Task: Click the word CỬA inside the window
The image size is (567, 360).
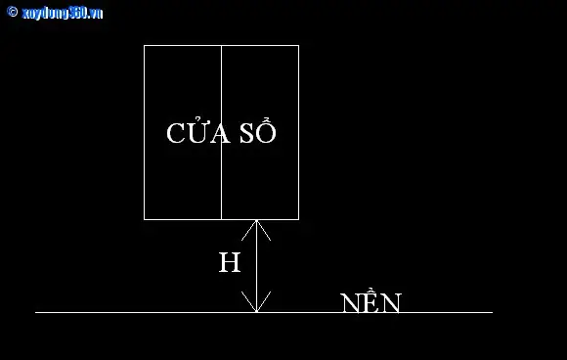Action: (198, 130)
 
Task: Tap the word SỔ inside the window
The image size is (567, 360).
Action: (258, 130)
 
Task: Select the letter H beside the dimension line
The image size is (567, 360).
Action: (230, 262)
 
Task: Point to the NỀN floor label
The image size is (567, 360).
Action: (371, 300)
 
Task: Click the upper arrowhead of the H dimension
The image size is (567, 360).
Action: (256, 229)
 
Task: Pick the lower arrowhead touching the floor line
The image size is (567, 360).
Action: (256, 302)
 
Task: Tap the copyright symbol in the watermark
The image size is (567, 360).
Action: (13, 12)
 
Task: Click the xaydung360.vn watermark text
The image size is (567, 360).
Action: (63, 14)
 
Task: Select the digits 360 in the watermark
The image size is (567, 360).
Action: (77, 13)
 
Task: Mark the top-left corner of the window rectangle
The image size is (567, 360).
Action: (144, 45)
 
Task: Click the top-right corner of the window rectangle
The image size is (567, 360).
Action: (299, 45)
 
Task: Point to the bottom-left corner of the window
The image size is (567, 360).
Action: (144, 219)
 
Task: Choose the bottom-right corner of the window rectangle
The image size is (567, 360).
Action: (299, 219)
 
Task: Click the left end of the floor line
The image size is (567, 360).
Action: (35, 312)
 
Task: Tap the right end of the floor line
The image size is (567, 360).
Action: (493, 312)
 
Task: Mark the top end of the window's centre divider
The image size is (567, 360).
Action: (221, 45)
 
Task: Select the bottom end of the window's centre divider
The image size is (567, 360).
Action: (221, 219)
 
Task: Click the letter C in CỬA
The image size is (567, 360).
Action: (176, 133)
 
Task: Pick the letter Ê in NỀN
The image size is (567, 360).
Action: (371, 300)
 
